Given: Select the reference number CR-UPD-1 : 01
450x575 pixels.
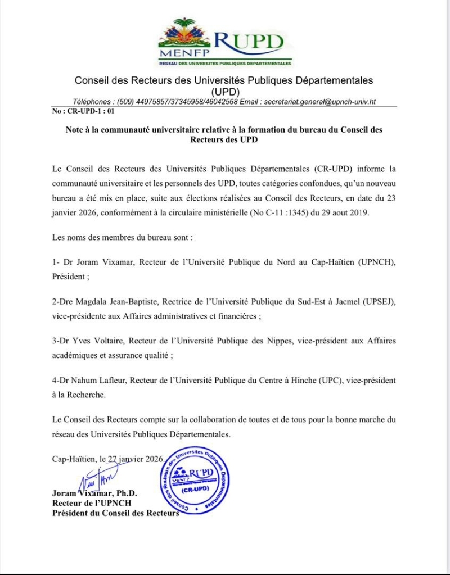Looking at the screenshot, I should coord(79,111).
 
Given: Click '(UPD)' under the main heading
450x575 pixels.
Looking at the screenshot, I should coord(224,91).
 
